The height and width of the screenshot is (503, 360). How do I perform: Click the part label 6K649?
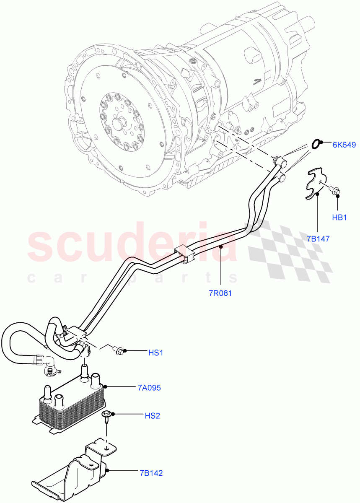[344, 145]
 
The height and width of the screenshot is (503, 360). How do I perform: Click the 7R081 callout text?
[220, 293]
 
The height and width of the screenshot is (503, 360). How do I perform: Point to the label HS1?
[155, 353]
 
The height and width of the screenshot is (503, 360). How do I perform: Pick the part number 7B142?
[151, 473]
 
